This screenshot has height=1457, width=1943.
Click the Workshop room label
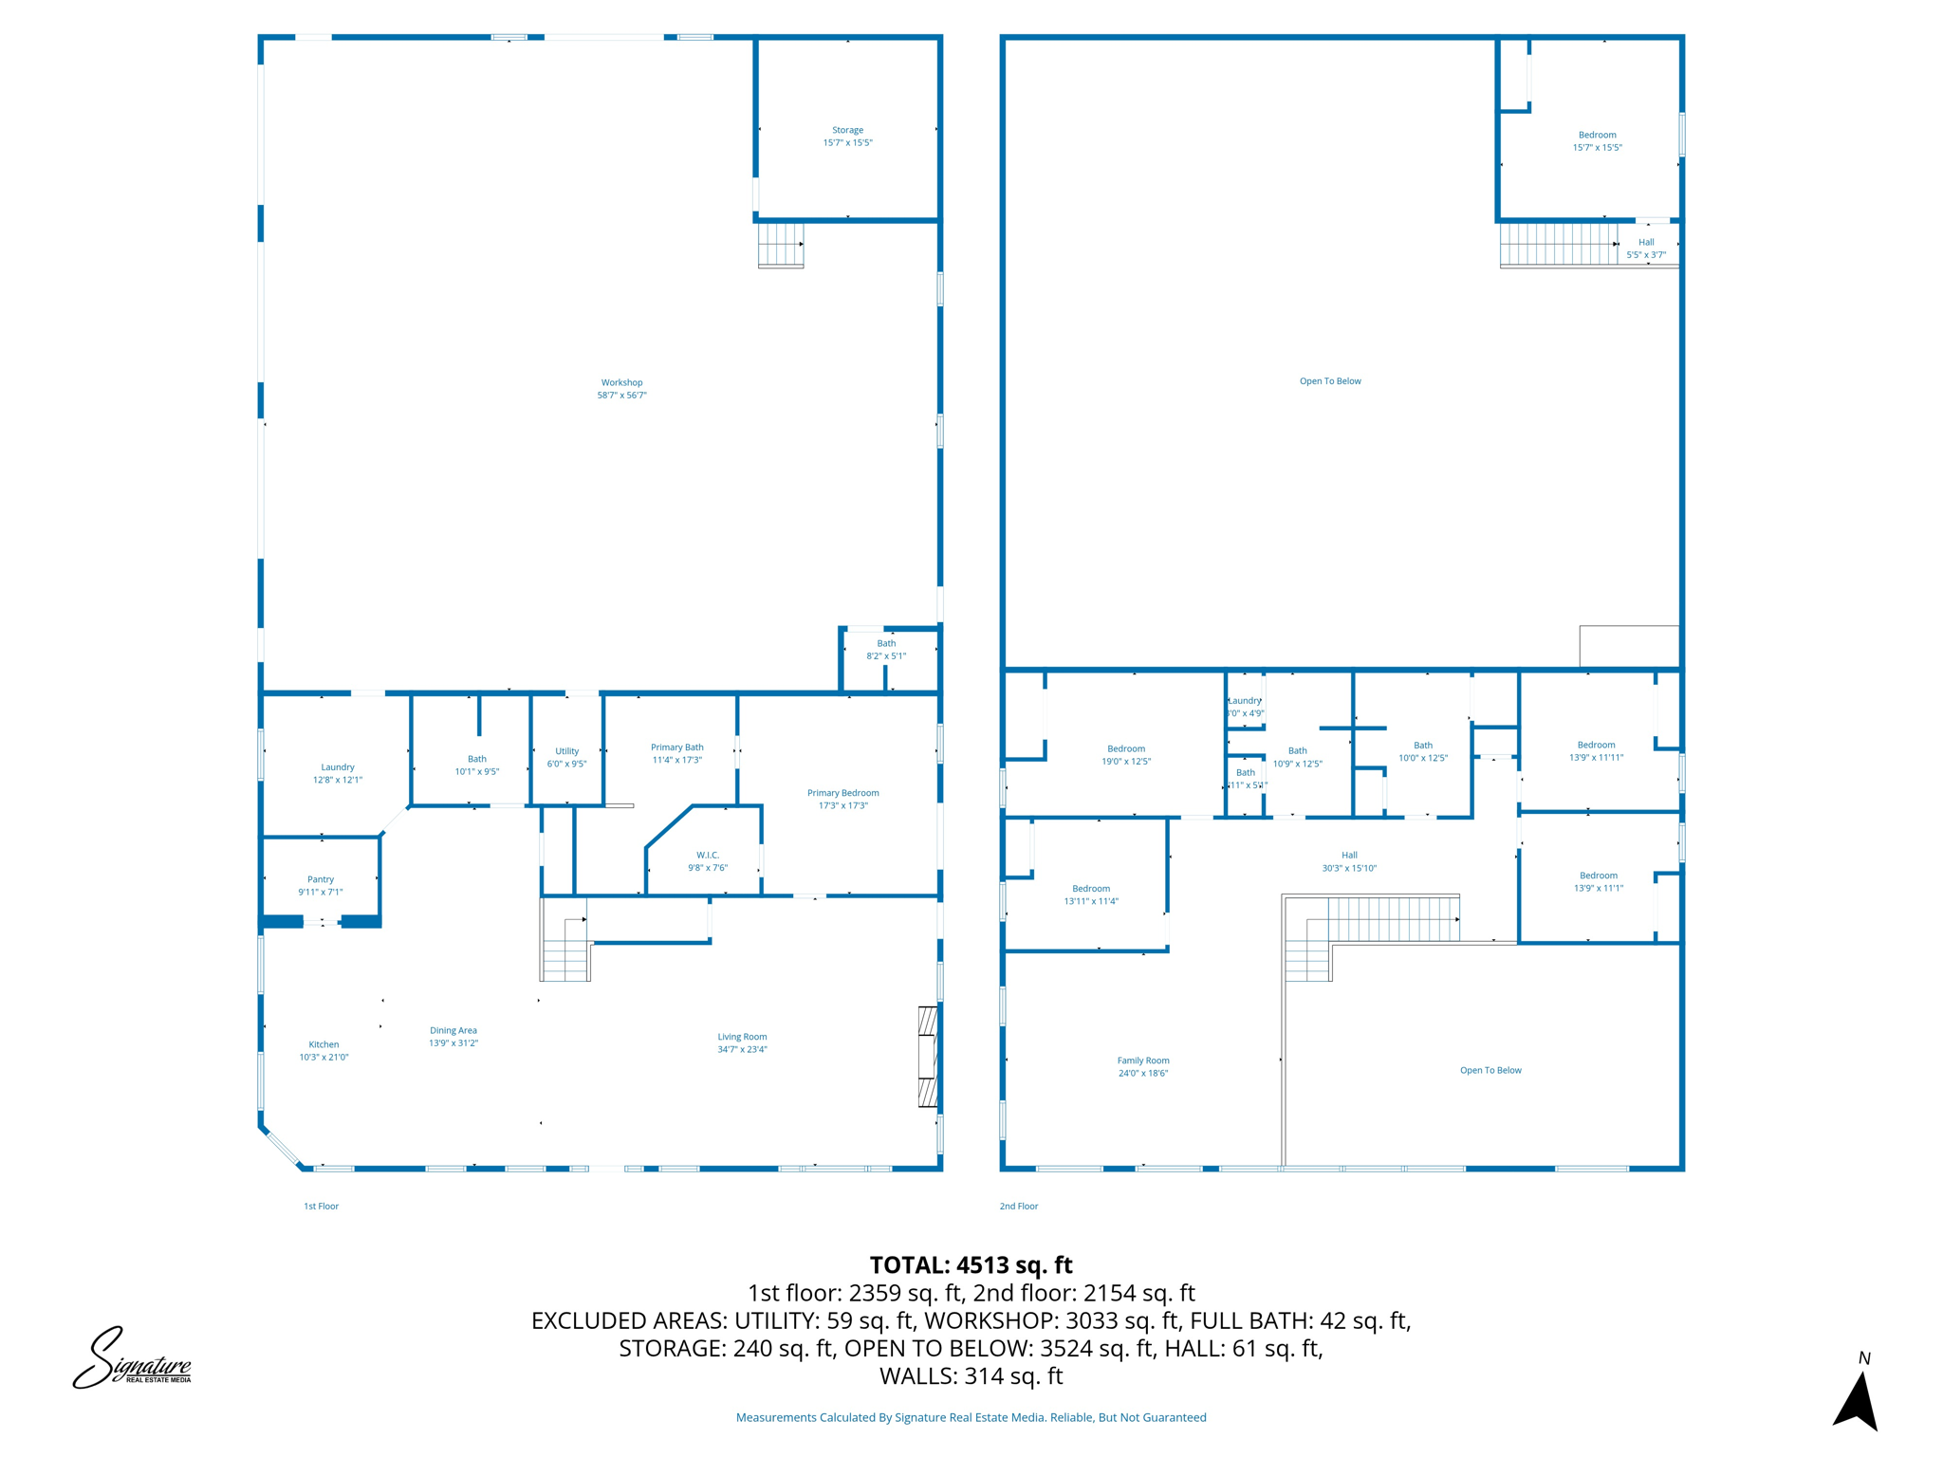pos(621,389)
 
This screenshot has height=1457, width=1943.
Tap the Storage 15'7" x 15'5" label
pos(847,137)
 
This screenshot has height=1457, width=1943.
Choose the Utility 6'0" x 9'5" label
pos(566,757)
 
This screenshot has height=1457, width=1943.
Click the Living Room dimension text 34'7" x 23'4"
pos(742,1049)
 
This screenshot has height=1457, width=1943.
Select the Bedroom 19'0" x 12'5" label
pos(1125,755)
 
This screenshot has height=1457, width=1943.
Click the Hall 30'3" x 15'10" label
pos(1349,861)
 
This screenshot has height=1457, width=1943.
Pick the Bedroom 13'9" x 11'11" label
pos(1596,751)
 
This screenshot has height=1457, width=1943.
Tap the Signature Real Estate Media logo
pos(133,1358)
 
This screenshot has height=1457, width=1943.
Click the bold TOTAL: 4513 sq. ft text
pos(971,1265)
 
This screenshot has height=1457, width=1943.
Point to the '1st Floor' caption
pos(321,1207)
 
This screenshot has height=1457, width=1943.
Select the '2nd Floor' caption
pos(1018,1207)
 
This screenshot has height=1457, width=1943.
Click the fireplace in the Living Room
pos(927,1056)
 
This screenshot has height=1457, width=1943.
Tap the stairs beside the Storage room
pos(781,245)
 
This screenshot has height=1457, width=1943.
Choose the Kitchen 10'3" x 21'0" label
pos(324,1050)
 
